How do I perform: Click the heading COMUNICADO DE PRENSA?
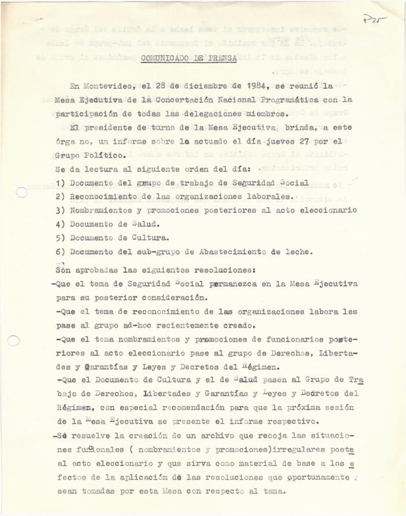[183, 58]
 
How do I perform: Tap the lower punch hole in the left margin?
[14, 340]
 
